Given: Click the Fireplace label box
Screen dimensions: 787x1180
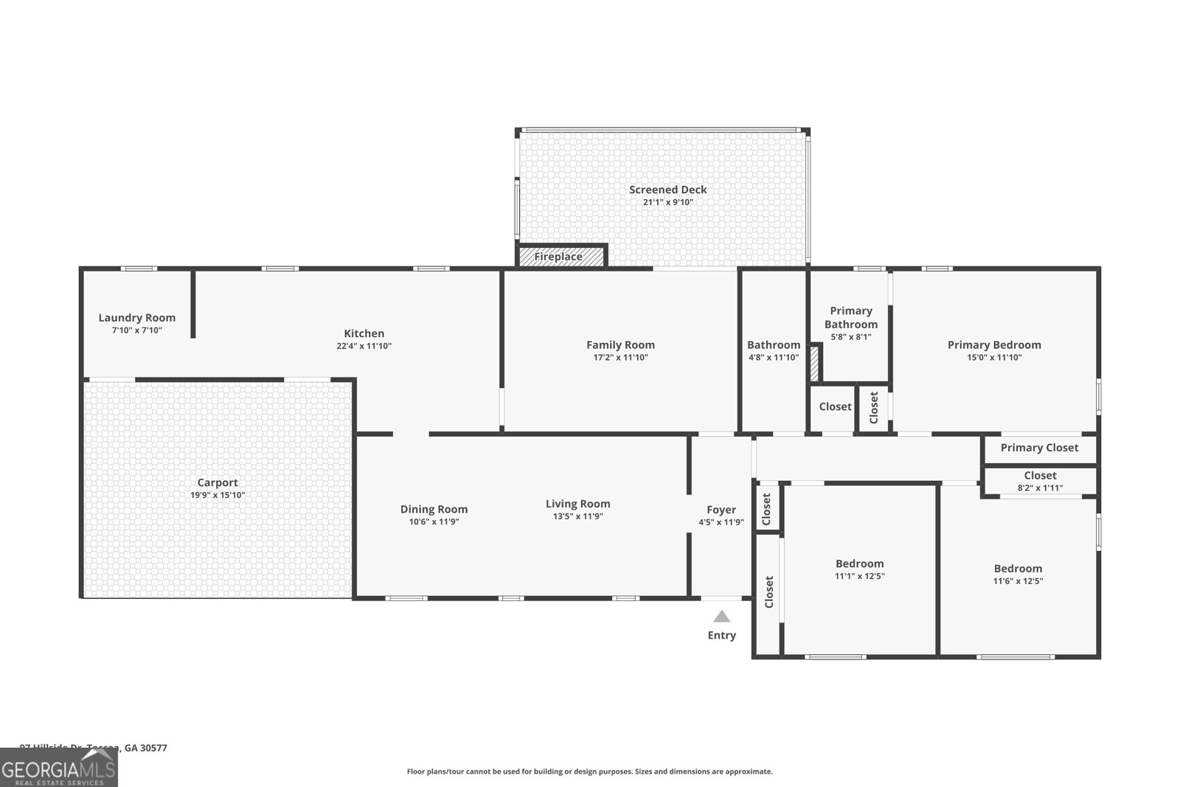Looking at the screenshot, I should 560,256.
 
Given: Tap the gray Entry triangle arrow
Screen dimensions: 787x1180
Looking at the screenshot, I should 722,617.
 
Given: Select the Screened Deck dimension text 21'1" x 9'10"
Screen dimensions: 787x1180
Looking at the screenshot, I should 667,202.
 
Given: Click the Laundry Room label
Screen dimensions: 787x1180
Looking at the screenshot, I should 137,318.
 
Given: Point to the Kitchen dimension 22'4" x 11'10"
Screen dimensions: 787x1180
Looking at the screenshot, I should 364,346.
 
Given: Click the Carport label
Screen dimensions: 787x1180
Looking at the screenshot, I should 218,482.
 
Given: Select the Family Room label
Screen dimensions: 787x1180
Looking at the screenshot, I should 620,344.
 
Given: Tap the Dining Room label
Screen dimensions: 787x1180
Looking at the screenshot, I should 434,509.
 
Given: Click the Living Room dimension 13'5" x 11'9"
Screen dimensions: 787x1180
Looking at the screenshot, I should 577,516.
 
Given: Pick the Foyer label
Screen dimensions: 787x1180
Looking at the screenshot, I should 721,510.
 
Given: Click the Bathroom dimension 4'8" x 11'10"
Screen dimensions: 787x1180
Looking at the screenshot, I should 773,358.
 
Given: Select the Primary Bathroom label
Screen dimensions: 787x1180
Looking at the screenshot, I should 851,318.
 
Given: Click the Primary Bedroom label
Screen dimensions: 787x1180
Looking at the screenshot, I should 994,344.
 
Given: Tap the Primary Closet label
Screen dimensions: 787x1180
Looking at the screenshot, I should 1039,448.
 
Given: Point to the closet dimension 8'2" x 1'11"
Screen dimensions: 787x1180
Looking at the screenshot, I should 1040,488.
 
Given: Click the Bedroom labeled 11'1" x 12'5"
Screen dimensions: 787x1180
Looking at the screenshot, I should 859,564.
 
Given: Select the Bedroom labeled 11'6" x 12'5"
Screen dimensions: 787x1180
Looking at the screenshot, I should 1018,568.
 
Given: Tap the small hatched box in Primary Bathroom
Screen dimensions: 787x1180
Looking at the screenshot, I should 814,364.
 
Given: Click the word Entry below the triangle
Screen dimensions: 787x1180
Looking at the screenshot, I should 722,635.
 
